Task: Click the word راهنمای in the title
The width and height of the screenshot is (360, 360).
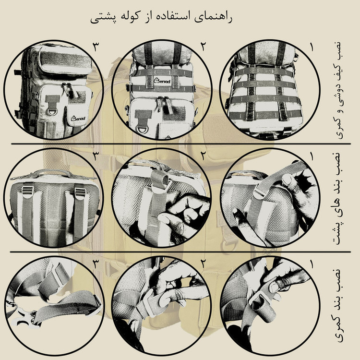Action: point(213,17)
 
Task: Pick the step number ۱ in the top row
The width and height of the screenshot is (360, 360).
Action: point(312,47)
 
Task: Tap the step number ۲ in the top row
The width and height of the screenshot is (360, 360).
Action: point(203,47)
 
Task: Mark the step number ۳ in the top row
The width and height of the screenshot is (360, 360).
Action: point(96,47)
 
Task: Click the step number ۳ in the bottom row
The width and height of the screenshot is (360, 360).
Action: point(96,264)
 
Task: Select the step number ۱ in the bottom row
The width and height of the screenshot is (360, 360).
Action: point(312,264)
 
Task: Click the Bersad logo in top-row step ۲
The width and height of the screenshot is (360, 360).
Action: point(162,81)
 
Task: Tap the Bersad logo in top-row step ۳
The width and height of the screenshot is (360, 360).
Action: point(78,118)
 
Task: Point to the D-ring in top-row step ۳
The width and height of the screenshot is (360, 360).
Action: point(53,112)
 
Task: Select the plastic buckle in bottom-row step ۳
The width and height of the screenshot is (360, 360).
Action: point(22,316)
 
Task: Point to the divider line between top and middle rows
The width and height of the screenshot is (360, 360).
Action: point(181,144)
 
